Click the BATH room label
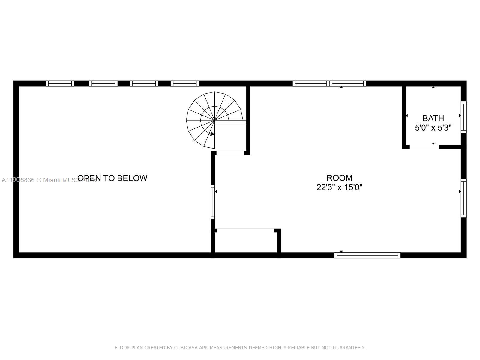[433, 118]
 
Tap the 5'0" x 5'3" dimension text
[433, 128]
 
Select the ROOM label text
[339, 178]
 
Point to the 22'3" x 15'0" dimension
[339, 187]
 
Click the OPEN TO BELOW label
[112, 178]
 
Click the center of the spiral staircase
[214, 120]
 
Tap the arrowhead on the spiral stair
[212, 134]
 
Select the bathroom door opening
[424, 147]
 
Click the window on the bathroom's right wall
[463, 117]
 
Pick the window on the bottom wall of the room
[367, 255]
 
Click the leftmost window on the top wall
[60, 83]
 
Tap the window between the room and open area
[213, 202]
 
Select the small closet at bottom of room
[246, 241]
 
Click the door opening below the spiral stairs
[230, 153]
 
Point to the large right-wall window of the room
[463, 198]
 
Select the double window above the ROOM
[329, 83]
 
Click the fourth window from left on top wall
[185, 83]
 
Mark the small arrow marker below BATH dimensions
[433, 143]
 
